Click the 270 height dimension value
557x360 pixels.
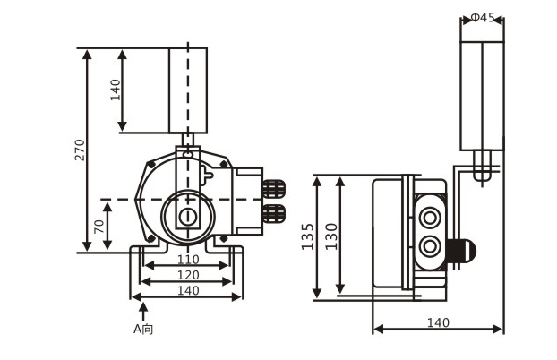(x=80, y=150)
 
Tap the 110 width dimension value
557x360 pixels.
(x=186, y=259)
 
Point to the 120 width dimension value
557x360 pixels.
(x=186, y=274)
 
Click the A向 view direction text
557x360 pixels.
(x=143, y=329)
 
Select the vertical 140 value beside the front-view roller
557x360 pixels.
(x=116, y=90)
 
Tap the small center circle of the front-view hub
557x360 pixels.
(x=187, y=217)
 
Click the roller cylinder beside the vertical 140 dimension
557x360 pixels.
(x=188, y=90)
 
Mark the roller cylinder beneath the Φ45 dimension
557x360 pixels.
(x=482, y=97)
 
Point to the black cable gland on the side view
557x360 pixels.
(x=463, y=252)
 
